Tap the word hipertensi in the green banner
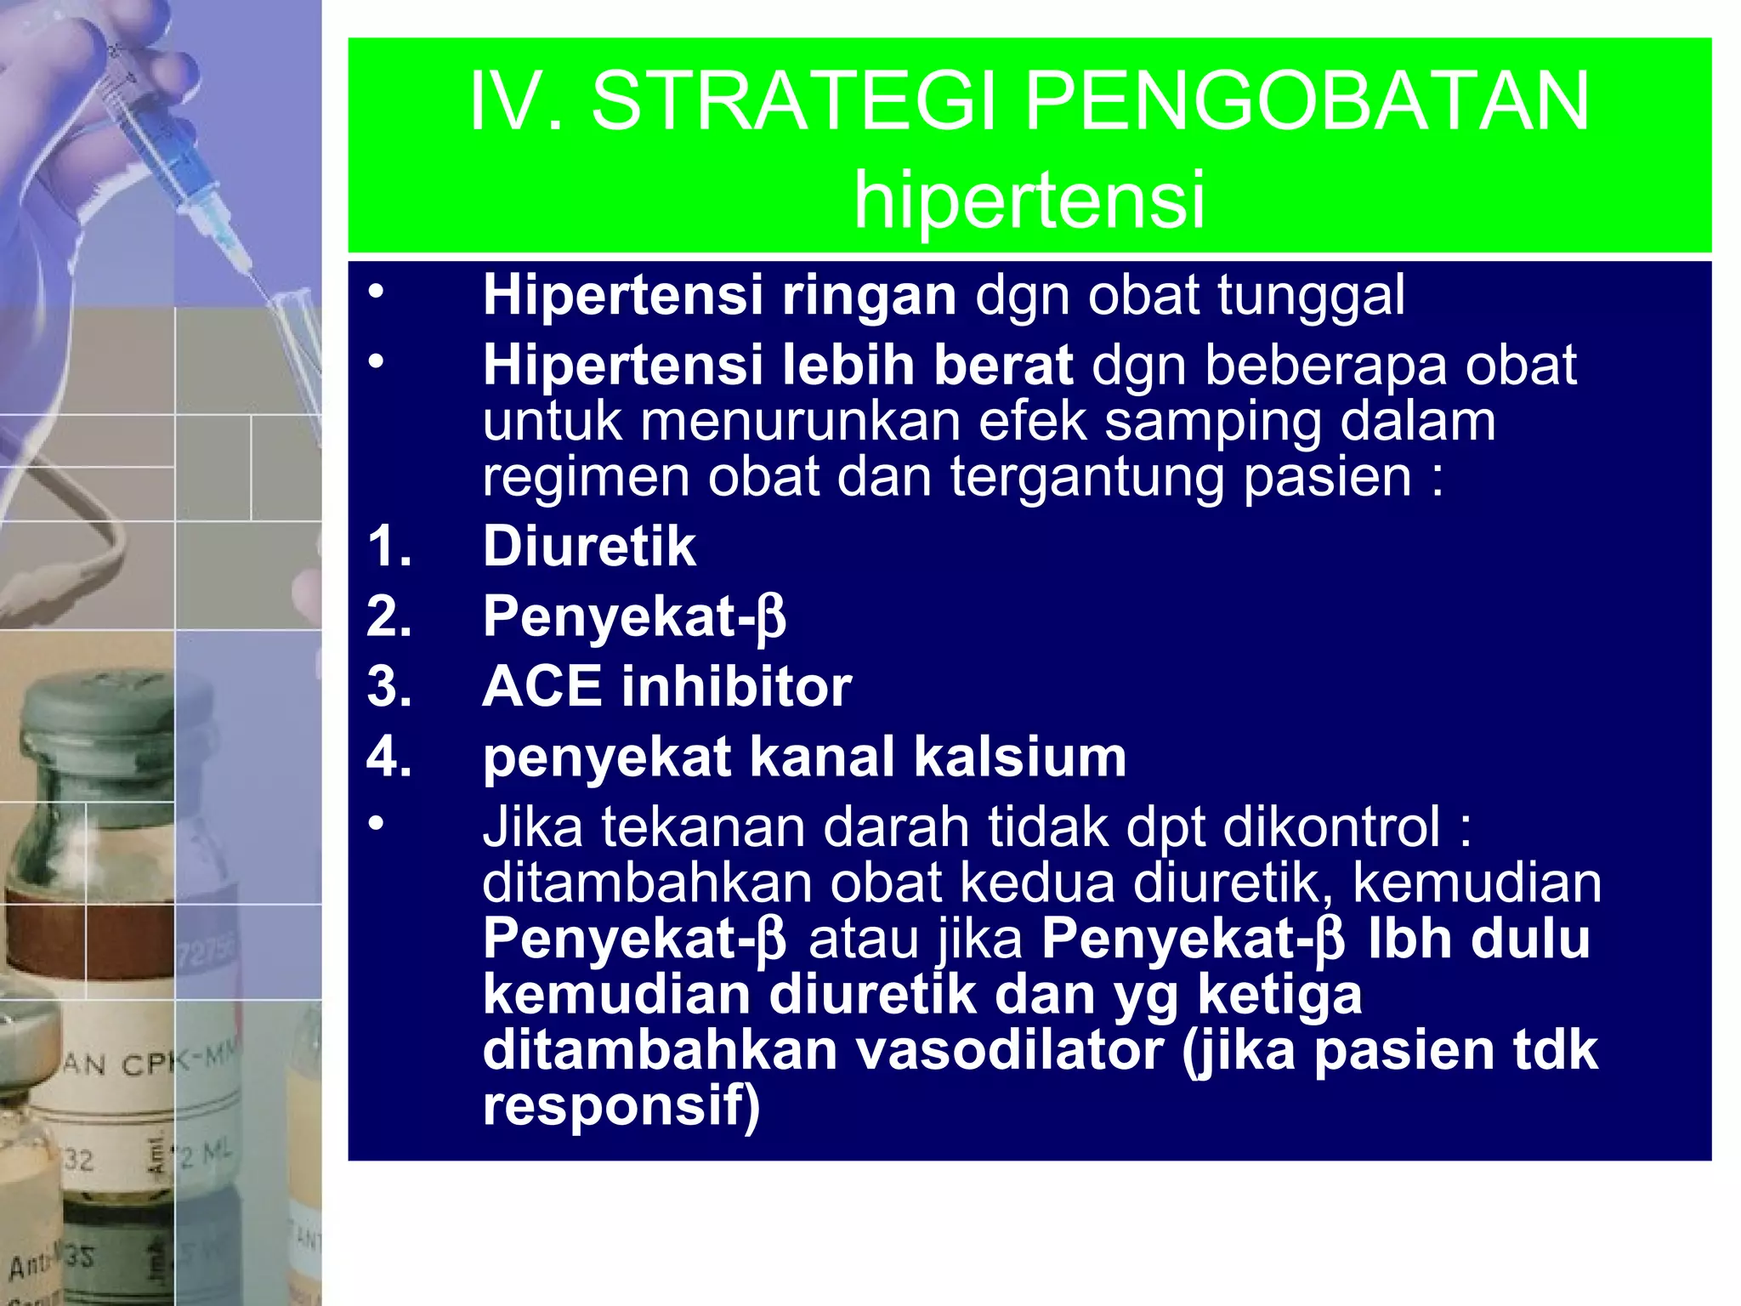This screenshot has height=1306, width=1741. [x=1029, y=201]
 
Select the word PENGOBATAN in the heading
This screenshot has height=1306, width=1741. [x=1307, y=102]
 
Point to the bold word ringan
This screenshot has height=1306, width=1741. [x=869, y=297]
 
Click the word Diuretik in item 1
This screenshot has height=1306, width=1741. [x=589, y=546]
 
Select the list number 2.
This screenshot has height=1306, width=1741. [x=388, y=616]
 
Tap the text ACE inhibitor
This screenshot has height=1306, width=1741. [x=666, y=687]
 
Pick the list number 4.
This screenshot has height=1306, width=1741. [x=388, y=758]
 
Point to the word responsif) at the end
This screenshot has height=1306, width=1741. [x=621, y=1106]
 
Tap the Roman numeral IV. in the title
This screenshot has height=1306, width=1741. [x=516, y=102]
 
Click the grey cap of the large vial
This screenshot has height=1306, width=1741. [x=94, y=714]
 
